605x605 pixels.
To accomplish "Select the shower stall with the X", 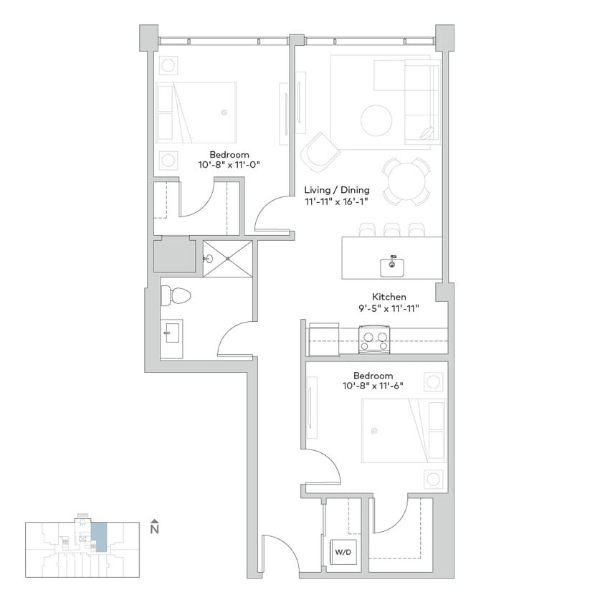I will point(228,259).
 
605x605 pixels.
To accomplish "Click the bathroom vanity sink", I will point(172,335).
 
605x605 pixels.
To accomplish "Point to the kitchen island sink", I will point(392,265).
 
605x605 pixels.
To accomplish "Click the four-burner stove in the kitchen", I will point(373,339).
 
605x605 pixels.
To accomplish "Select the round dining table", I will point(405,182).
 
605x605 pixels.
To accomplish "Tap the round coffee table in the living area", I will point(376,120).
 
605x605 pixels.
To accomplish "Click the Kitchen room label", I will point(389,296).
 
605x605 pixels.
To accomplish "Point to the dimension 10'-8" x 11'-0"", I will point(229,165).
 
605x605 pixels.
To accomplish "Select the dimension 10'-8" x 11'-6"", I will point(373,386).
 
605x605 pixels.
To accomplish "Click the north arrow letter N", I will point(153,530).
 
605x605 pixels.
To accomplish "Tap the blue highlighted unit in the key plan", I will point(101,536).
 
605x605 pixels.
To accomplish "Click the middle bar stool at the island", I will point(391,229).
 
